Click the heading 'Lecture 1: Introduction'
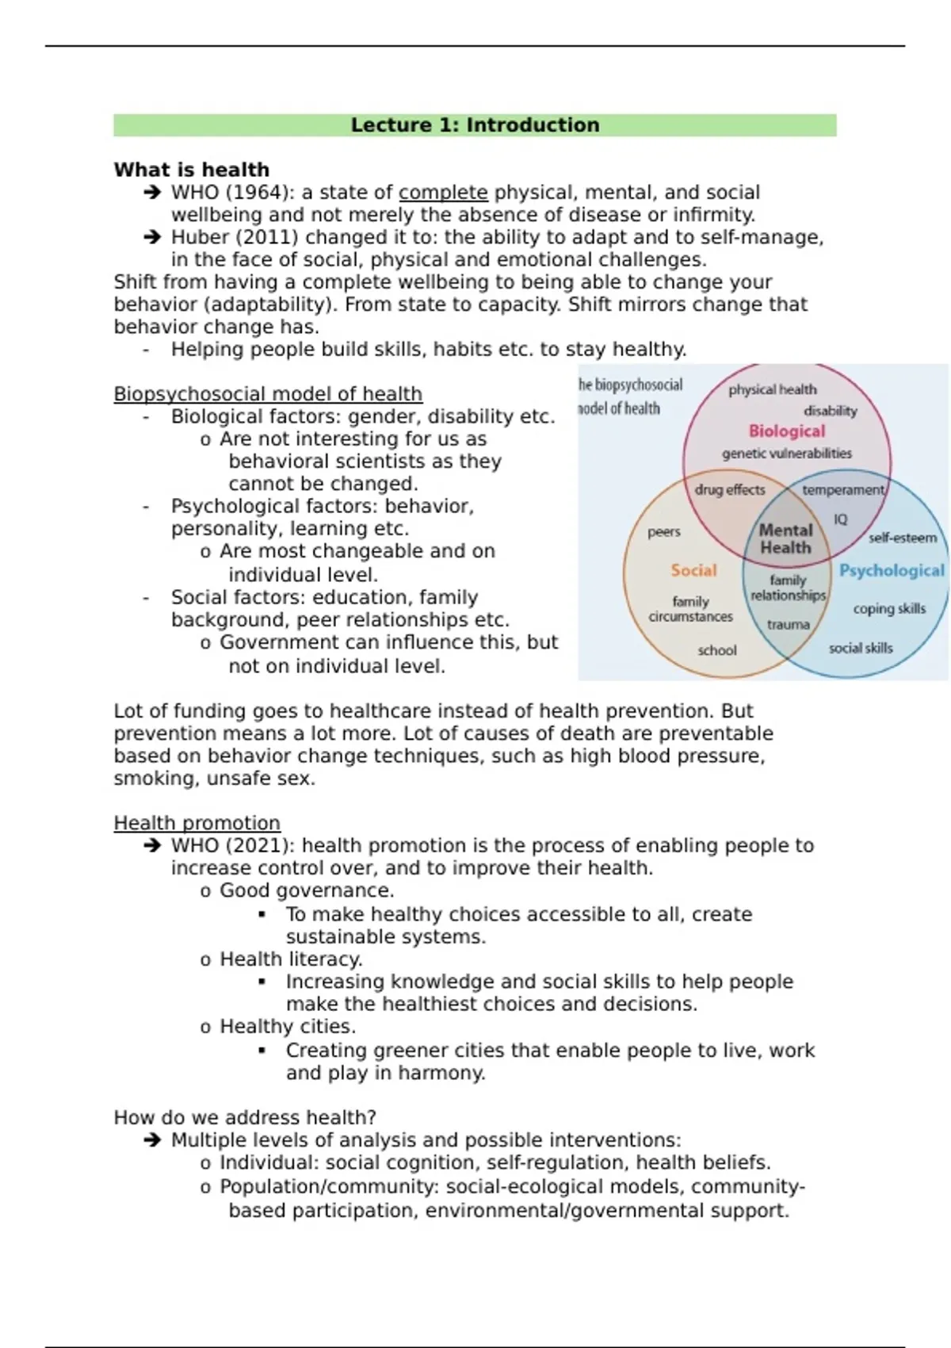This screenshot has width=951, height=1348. pyautogui.click(x=475, y=125)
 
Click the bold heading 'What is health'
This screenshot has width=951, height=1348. pyautogui.click(x=191, y=170)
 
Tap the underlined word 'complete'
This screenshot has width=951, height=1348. pyautogui.click(x=443, y=193)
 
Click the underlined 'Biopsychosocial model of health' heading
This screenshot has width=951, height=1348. pyautogui.click(x=268, y=394)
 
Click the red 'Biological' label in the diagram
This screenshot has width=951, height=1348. pyautogui.click(x=787, y=431)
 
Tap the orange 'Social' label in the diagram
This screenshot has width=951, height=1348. pyautogui.click(x=693, y=570)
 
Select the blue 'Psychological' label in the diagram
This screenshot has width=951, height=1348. pyautogui.click(x=892, y=570)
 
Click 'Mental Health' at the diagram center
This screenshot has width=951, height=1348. pyautogui.click(x=786, y=539)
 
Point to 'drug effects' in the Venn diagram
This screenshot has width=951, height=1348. pyautogui.click(x=730, y=490)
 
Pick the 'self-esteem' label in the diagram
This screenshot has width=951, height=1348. pyautogui.click(x=902, y=538)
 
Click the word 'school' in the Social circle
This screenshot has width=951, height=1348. pyautogui.click(x=717, y=650)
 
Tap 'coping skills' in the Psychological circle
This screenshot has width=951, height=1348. pyautogui.click(x=889, y=609)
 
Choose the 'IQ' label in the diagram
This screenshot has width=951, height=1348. pyautogui.click(x=840, y=519)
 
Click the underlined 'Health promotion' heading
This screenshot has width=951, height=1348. pyautogui.click(x=197, y=823)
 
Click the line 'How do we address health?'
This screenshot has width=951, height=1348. pyautogui.click(x=245, y=1117)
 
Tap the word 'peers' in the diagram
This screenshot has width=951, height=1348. pyautogui.click(x=664, y=532)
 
